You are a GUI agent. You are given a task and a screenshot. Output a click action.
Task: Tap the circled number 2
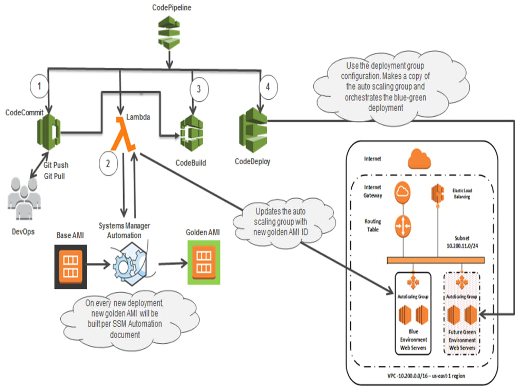point(108,164)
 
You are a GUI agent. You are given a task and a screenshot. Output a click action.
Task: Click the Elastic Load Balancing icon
point(438,194)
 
